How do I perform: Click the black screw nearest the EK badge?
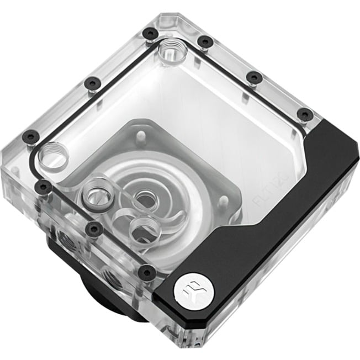tap(146, 271)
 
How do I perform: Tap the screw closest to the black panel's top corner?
tap(304, 114)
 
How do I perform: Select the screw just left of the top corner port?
tap(150, 34)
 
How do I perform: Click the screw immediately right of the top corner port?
tap(204, 41)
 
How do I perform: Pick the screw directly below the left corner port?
tap(43, 187)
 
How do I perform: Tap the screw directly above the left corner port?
tap(28, 136)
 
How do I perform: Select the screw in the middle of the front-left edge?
tap(94, 228)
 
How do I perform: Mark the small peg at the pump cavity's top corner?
tap(138, 135)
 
